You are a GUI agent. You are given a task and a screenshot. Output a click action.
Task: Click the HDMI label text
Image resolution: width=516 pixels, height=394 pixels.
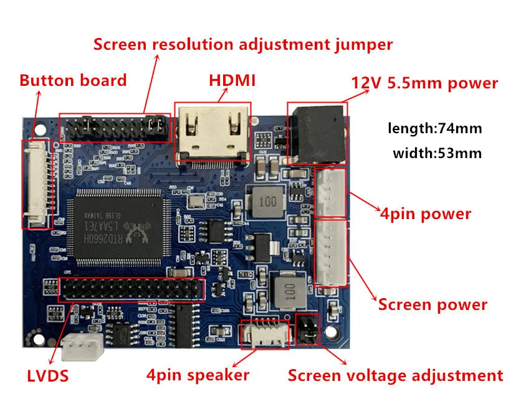click(x=232, y=81)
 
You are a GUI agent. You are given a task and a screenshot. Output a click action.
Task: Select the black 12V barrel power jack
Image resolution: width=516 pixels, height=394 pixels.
click(x=316, y=133)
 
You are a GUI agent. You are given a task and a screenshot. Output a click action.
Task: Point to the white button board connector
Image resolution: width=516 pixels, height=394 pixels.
click(x=37, y=184)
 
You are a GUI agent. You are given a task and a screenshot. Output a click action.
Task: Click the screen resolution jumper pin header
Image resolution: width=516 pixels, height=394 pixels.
click(x=115, y=128)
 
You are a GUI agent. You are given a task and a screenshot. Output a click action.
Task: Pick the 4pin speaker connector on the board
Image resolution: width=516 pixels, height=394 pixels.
click(x=265, y=333)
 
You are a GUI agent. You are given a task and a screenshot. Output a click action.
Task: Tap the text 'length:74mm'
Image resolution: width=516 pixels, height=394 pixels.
click(x=434, y=129)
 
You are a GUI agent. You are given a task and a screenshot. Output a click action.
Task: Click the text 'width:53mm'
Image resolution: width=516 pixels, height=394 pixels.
click(x=437, y=152)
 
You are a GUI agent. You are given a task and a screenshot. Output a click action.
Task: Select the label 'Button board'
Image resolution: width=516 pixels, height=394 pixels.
click(x=73, y=80)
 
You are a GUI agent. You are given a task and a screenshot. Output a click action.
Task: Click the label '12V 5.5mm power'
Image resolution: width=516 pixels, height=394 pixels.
click(x=424, y=83)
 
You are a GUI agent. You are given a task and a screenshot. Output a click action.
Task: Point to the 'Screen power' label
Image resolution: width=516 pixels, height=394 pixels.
click(x=432, y=305)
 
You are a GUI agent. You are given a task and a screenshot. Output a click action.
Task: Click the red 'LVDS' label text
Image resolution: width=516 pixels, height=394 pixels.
click(x=47, y=376)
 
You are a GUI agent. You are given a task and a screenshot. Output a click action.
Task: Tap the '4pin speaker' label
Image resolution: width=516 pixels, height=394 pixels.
click(x=198, y=375)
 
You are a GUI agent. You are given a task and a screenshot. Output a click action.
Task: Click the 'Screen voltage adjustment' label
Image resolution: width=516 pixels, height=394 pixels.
click(x=395, y=375)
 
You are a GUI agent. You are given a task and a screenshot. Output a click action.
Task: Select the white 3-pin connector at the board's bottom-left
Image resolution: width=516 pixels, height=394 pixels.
click(x=80, y=347)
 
